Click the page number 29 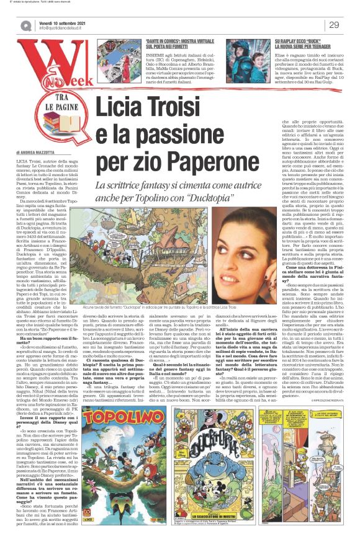pos(333,25)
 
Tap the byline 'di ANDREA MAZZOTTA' pos(37,151)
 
